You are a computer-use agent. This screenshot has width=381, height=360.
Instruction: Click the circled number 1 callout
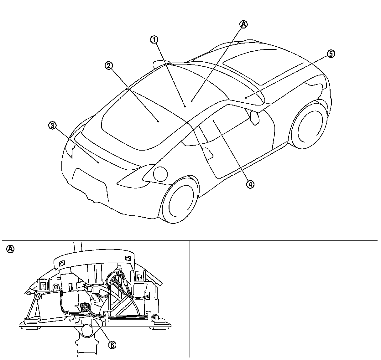(154, 39)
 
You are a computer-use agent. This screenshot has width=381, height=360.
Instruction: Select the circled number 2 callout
(109, 65)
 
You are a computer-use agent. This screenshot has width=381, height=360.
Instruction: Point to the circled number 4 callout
(250, 184)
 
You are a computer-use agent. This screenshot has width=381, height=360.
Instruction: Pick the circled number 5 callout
(331, 54)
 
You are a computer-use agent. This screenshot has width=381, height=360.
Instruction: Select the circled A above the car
(243, 24)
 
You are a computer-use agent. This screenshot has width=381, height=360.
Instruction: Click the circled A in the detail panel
(10, 249)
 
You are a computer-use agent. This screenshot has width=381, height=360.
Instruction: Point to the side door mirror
(255, 117)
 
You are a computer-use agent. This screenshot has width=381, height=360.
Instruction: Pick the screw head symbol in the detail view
(56, 286)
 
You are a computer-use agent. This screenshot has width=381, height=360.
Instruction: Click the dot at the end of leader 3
(98, 162)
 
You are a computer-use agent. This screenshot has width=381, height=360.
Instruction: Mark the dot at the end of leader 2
(158, 121)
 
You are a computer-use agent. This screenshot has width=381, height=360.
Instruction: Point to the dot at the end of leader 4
(213, 120)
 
